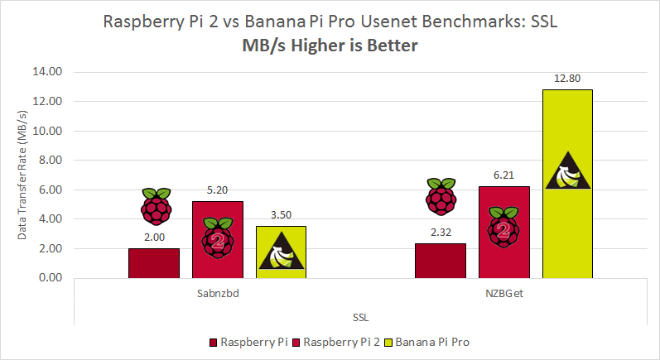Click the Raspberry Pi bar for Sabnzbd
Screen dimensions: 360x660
[x=154, y=263]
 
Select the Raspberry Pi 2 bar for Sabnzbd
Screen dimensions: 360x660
[x=218, y=240]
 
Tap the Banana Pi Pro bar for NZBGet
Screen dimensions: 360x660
[x=567, y=184]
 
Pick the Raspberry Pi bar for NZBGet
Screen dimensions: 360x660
[x=441, y=261]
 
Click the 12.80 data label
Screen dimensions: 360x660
[x=567, y=79]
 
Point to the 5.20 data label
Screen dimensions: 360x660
[x=218, y=190]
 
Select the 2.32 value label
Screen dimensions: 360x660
[x=441, y=233]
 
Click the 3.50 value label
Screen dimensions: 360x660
[x=281, y=215]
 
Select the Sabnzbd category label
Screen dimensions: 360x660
[x=217, y=293]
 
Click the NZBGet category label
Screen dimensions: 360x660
[x=503, y=293]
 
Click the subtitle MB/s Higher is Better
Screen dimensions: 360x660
[x=330, y=46]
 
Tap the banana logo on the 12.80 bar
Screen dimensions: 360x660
[x=567, y=170]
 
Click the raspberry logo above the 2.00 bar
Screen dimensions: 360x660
[x=155, y=207]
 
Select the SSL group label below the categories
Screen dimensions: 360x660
[x=360, y=316]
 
